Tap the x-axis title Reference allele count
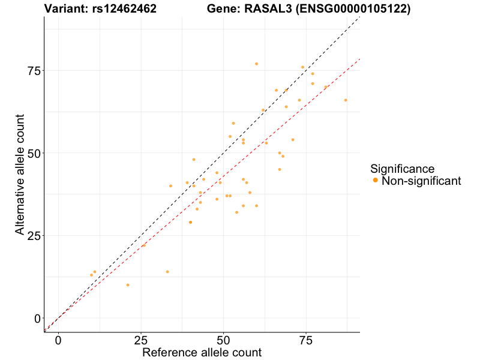click(202, 352)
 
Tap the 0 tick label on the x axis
click(58, 340)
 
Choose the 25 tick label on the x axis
click(140, 340)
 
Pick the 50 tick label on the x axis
click(223, 340)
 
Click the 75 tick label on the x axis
click(306, 340)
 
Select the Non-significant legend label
click(421, 181)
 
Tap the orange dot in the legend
click(375, 181)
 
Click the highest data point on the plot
click(256, 64)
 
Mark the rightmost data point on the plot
click(346, 100)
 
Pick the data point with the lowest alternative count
click(128, 285)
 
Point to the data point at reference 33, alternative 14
click(167, 272)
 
